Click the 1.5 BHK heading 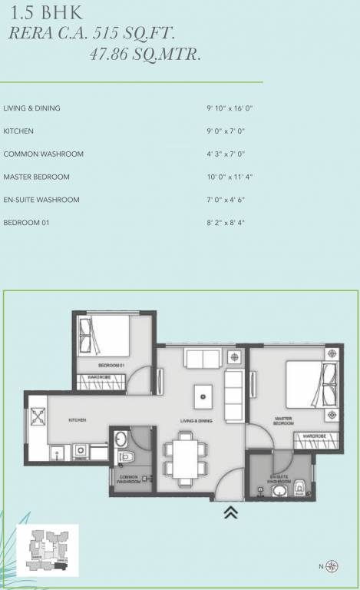36,13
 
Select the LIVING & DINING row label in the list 31,108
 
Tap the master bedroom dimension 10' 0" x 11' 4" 224,177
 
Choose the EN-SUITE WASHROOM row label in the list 41,200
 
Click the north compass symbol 332,567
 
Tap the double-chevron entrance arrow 230,512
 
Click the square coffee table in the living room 202,396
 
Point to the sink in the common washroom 121,439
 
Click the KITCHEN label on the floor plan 77,420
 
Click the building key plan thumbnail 48,550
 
